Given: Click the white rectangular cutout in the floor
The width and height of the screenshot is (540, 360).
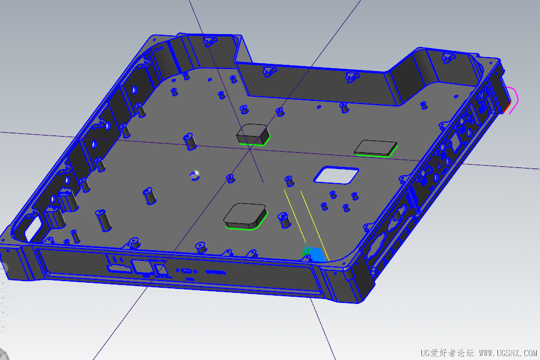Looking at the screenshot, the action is (336, 175).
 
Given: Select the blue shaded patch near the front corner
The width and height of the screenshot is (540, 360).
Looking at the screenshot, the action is (315, 254).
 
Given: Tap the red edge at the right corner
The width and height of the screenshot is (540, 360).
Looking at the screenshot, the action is (506, 110).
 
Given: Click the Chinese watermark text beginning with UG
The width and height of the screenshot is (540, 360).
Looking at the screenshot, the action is (447, 353).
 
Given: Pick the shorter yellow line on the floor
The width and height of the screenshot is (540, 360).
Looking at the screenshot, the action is (295, 216).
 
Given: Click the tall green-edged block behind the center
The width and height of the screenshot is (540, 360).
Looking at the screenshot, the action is (253, 134).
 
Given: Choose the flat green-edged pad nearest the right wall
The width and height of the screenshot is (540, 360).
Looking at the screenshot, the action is (376, 148).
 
